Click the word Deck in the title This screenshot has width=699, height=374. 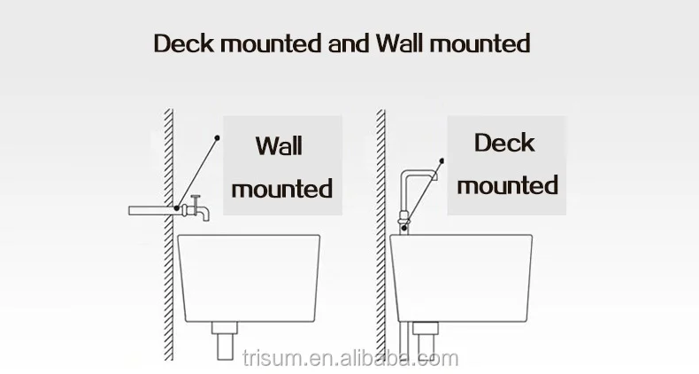(184, 43)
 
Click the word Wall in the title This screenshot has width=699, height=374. (399, 43)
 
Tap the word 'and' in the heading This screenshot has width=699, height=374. (348, 43)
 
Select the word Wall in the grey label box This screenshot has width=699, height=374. (280, 145)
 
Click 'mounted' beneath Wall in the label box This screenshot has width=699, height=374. (282, 189)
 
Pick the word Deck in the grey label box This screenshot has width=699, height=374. (504, 143)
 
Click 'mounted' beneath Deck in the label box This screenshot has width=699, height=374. (507, 185)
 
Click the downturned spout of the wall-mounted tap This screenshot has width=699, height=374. (204, 214)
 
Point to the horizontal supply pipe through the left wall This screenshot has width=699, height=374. (151, 211)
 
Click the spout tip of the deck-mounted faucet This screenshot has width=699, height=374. (434, 176)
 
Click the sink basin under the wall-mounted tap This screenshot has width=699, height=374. (249, 278)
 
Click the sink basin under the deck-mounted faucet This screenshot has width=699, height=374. (461, 278)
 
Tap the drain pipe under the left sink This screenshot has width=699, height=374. (225, 340)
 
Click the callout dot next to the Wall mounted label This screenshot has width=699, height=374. (217, 138)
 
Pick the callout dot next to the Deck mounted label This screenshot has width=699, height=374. (442, 160)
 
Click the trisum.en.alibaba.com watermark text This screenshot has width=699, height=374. (350, 358)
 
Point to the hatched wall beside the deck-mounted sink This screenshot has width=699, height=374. (380, 234)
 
